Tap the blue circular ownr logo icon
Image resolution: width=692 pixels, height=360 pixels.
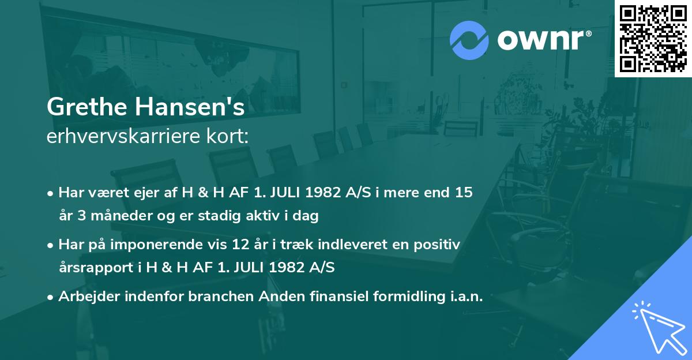point(469,40)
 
